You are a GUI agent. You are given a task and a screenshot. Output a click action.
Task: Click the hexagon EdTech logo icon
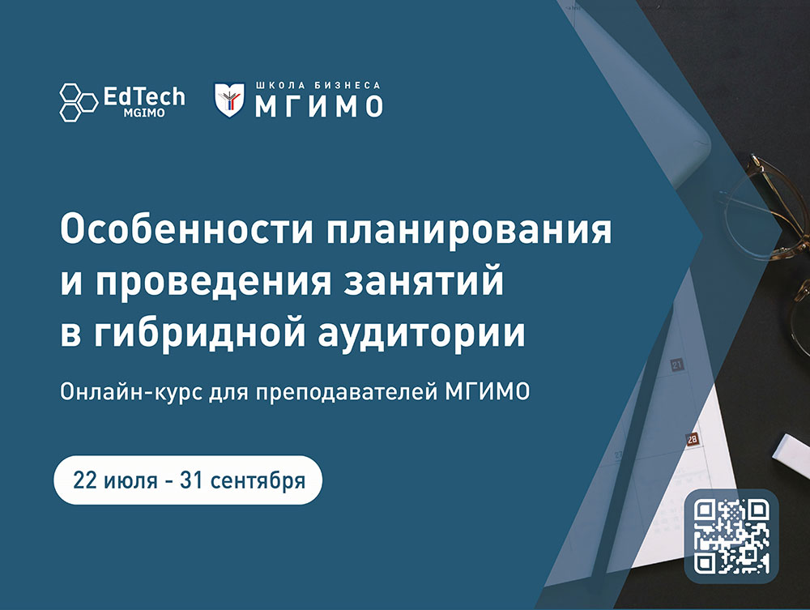(79, 102)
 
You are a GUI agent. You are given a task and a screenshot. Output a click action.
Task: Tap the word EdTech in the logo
(144, 96)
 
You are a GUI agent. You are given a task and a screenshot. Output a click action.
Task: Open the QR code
(731, 536)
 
